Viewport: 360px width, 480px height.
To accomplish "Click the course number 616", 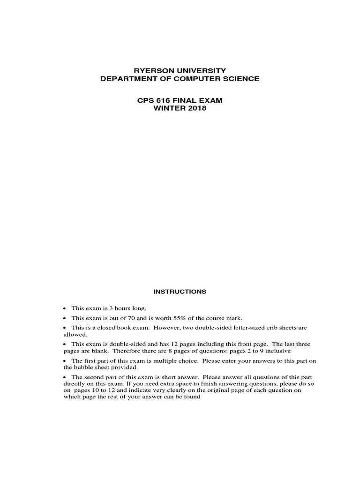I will point(165,100).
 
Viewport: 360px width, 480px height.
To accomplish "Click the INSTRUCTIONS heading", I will point(180,292).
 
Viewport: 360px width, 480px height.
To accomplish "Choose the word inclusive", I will point(281,351).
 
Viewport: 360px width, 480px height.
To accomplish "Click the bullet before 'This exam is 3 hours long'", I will point(65,308).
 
